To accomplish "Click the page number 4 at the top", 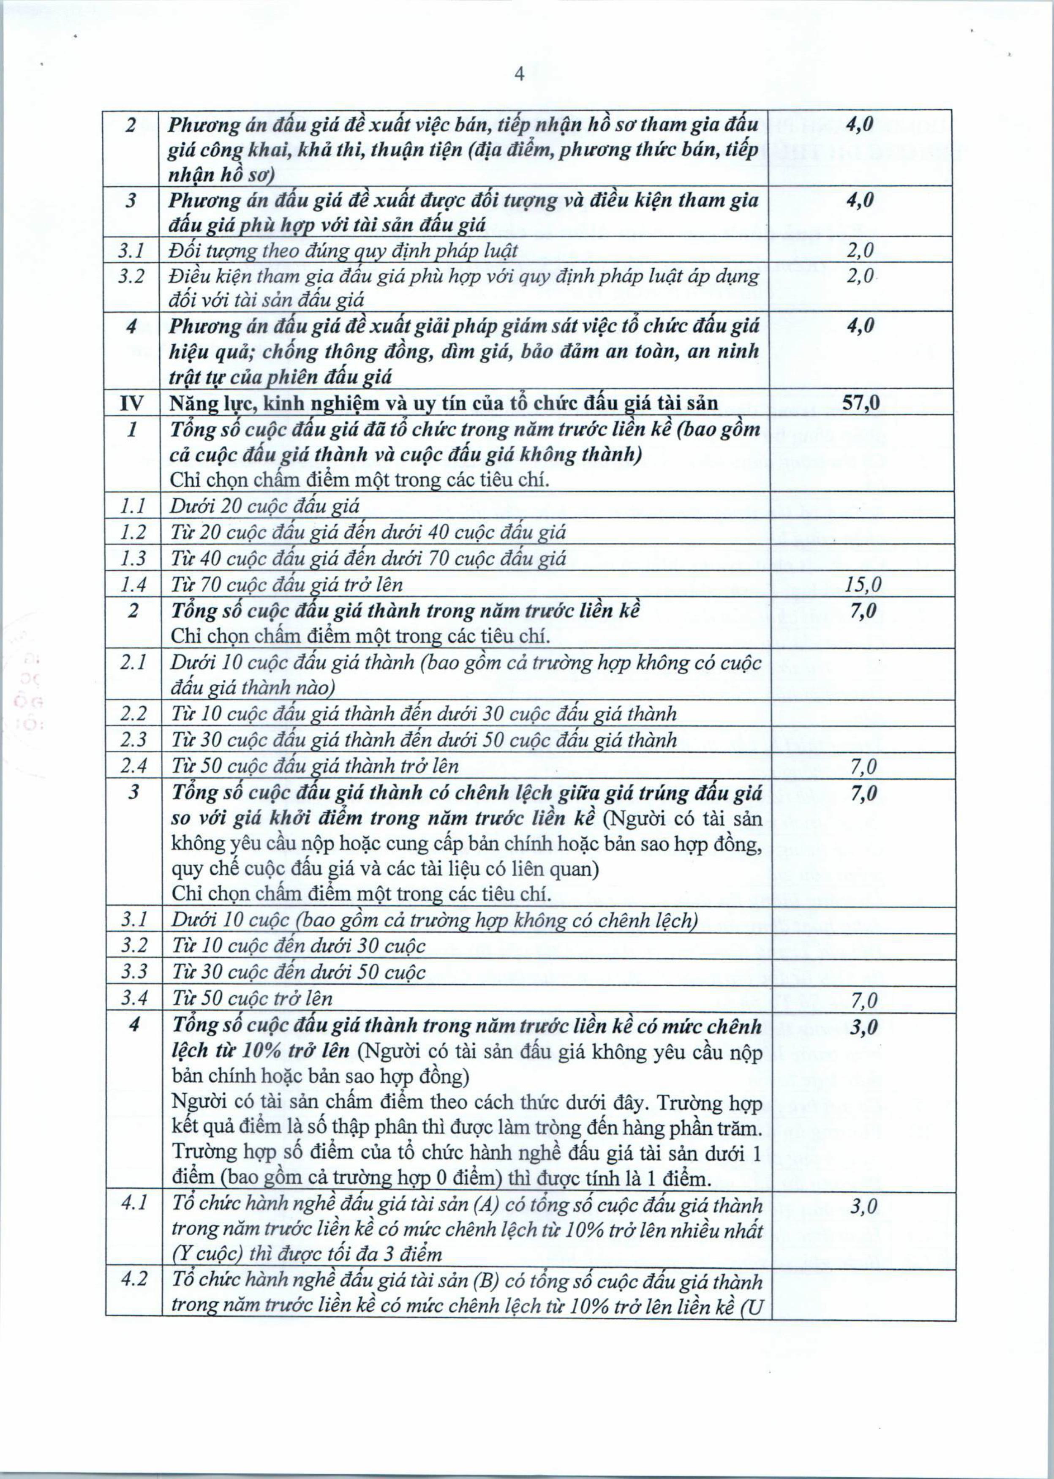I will click(x=519, y=75).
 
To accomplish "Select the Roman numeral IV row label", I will click(x=132, y=404).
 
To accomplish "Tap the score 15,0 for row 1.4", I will click(x=863, y=586).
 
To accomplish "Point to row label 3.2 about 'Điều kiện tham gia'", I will click(x=132, y=276).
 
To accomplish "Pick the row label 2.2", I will click(x=133, y=714).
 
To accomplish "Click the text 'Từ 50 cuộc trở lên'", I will click(x=252, y=998).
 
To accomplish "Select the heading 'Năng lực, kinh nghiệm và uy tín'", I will click(x=443, y=404).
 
